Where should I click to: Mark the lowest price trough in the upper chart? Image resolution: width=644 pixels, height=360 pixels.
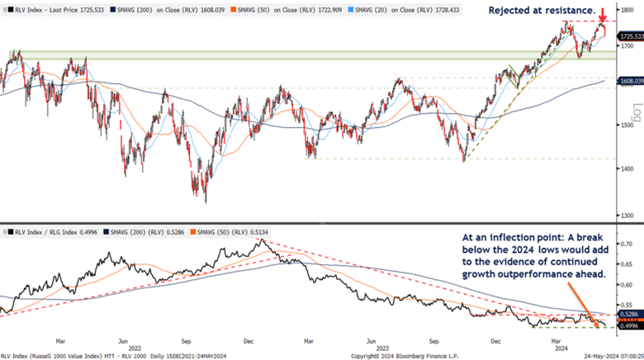click(205, 201)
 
